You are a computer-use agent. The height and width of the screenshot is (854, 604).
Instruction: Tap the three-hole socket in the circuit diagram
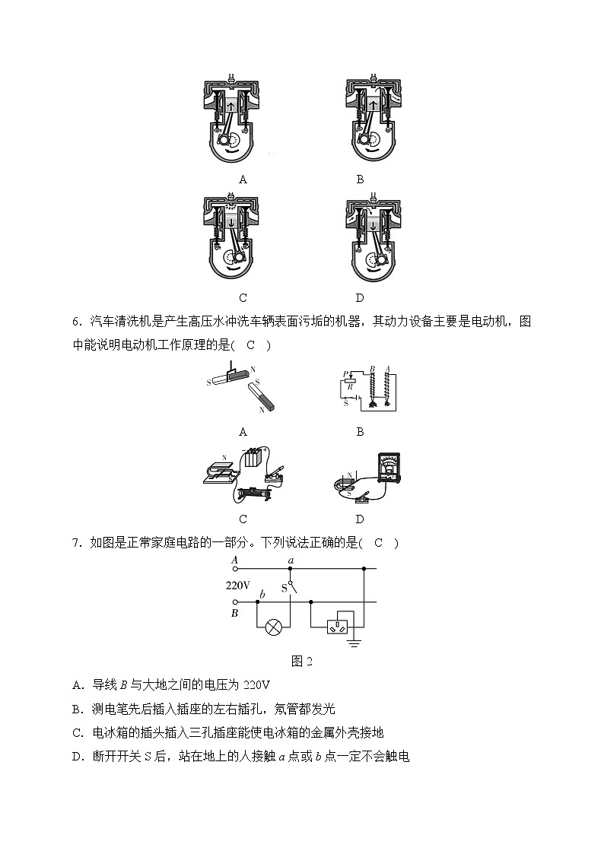[338, 627]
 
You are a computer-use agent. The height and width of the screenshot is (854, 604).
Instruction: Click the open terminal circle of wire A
[235, 568]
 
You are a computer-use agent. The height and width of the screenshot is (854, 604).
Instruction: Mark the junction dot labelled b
[257, 602]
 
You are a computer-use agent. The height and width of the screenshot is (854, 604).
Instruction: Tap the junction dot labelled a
[290, 568]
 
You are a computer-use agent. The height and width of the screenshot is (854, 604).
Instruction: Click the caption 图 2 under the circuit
[302, 661]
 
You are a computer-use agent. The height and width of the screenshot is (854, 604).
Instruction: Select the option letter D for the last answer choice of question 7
[77, 757]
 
